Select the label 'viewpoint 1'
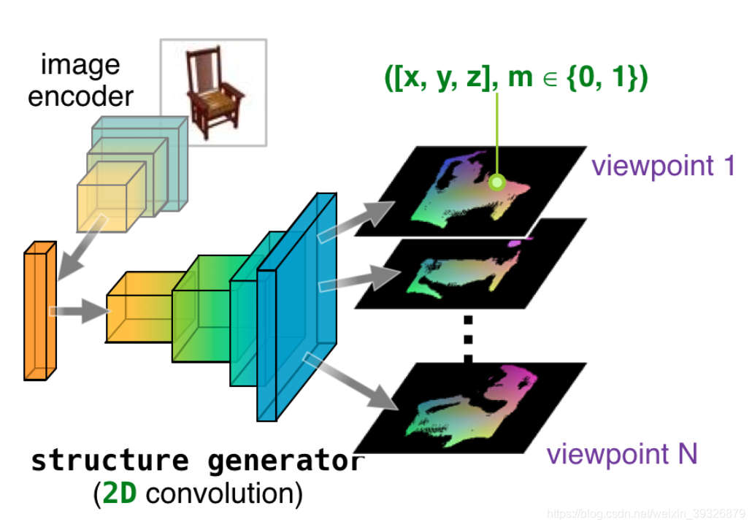pyautogui.click(x=663, y=166)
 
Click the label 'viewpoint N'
pyautogui.click(x=622, y=454)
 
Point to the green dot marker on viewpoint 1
pyautogui.click(x=497, y=182)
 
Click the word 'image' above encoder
pyautogui.click(x=80, y=65)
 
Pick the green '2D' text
pyautogui.click(x=118, y=495)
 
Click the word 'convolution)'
pyautogui.click(x=223, y=495)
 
